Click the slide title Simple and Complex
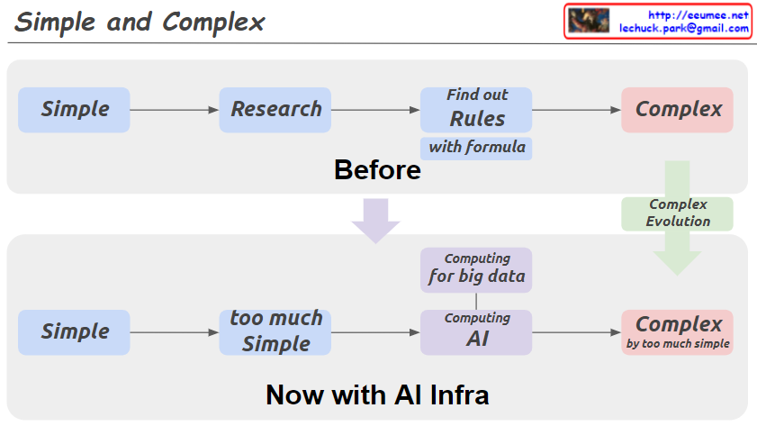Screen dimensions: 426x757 pos(140,23)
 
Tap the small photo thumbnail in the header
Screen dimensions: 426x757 pos(588,21)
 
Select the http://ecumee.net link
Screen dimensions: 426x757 pos(698,14)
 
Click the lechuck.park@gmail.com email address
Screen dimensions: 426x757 pos(684,28)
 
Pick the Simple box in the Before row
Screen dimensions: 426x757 pos(75,110)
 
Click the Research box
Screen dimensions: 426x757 pos(275,110)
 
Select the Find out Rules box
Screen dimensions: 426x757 pos(477,109)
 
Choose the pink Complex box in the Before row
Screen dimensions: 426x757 pos(678,110)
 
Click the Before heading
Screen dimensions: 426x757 pos(377,169)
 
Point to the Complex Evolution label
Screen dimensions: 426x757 pos(678,213)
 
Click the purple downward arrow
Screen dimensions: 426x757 pos(376,220)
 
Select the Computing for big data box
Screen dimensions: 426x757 pos(477,269)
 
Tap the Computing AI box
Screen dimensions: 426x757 pos(477,331)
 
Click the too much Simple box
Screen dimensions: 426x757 pos(275,331)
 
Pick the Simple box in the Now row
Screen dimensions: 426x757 pos(75,331)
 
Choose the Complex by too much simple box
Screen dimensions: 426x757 pos(678,331)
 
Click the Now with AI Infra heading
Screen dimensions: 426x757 pos(377,394)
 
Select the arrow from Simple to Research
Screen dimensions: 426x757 pos(175,110)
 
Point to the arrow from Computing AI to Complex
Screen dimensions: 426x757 pos(577,332)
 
